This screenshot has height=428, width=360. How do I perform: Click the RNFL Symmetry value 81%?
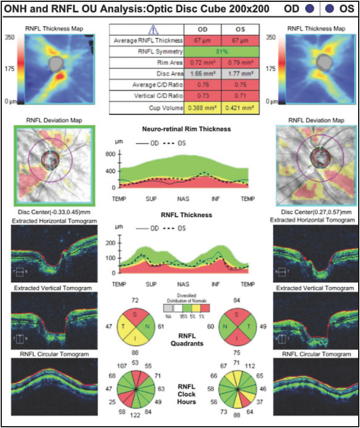tap(222, 52)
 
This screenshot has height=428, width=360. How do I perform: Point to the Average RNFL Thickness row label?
tap(148, 40)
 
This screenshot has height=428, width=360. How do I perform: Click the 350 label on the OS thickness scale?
tap(270, 37)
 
